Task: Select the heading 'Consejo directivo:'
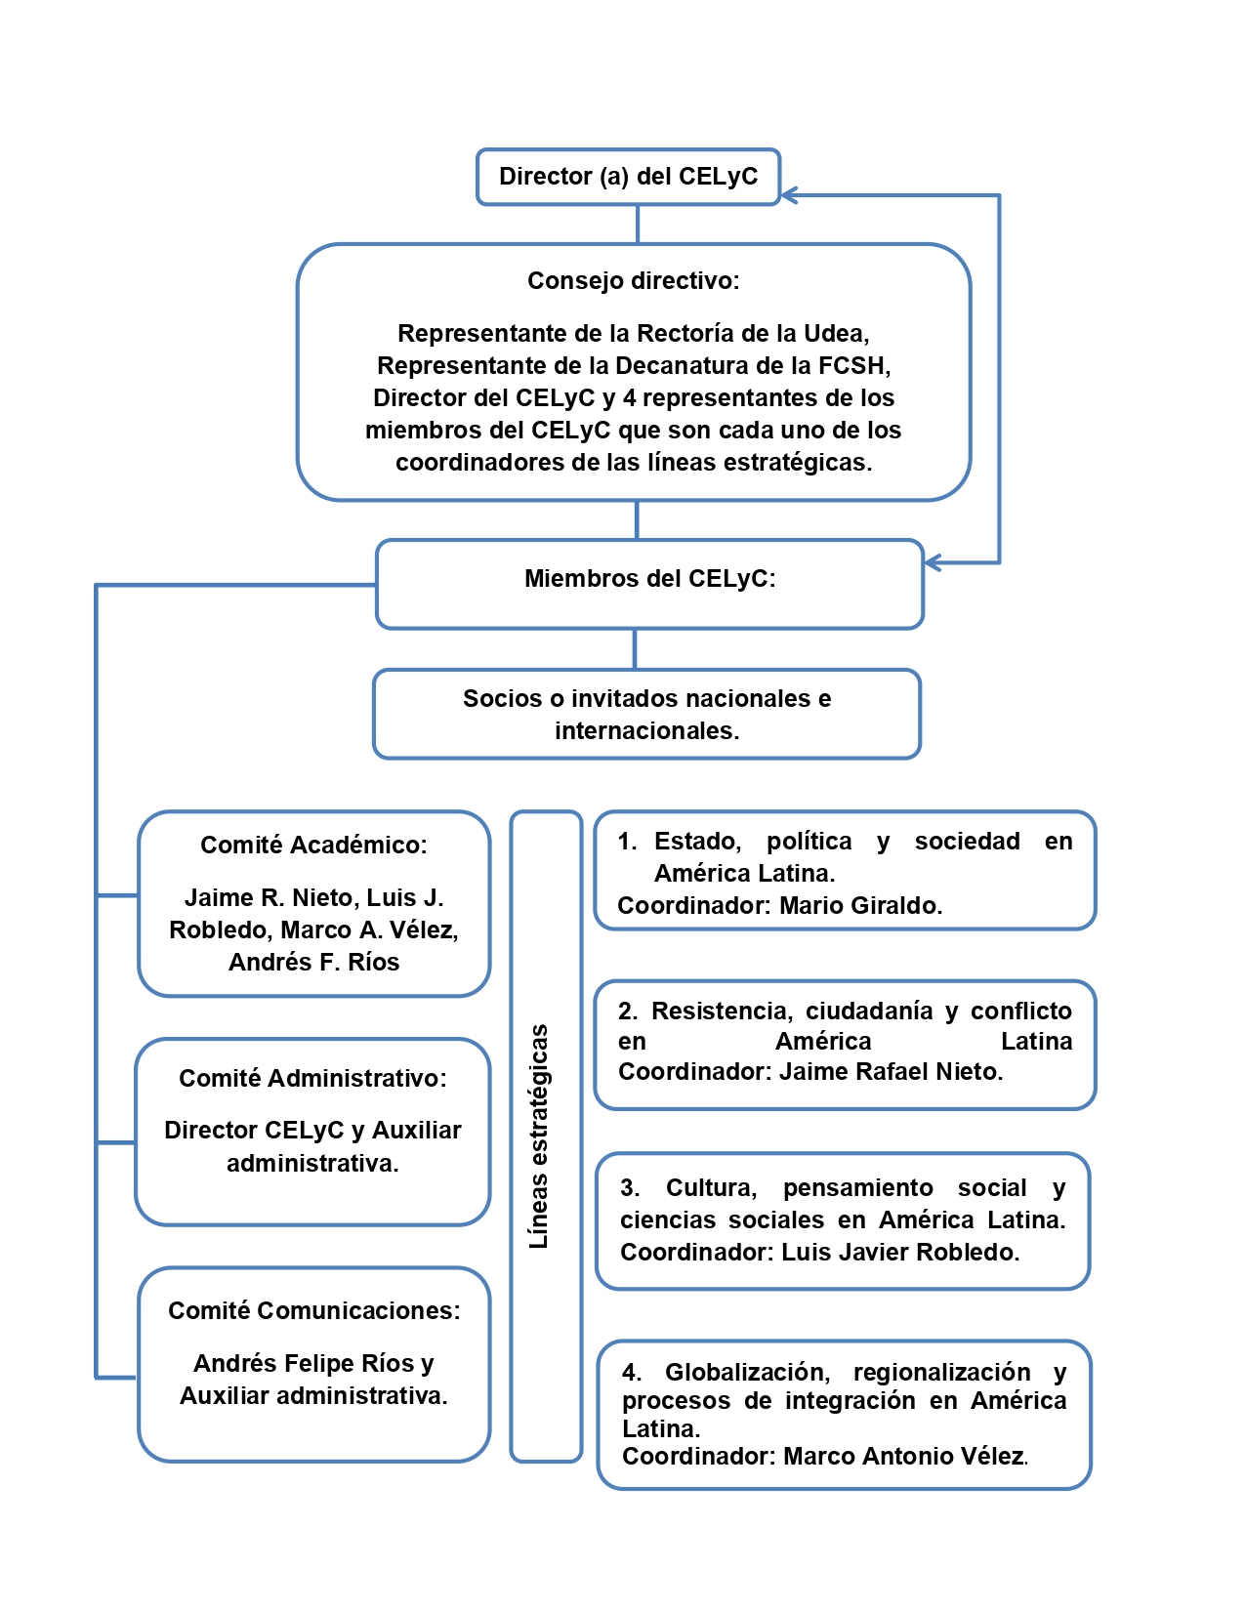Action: tap(634, 281)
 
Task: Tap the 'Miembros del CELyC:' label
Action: tap(649, 578)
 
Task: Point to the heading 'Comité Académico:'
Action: tap(313, 845)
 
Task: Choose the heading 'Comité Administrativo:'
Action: tap(312, 1078)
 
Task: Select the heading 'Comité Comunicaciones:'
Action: tap(313, 1310)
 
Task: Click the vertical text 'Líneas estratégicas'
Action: tap(538, 1136)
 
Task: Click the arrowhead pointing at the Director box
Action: tap(789, 195)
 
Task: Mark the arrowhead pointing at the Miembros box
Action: tap(933, 562)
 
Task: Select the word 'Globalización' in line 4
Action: tap(747, 1372)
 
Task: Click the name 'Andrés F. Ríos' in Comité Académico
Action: tap(313, 962)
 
